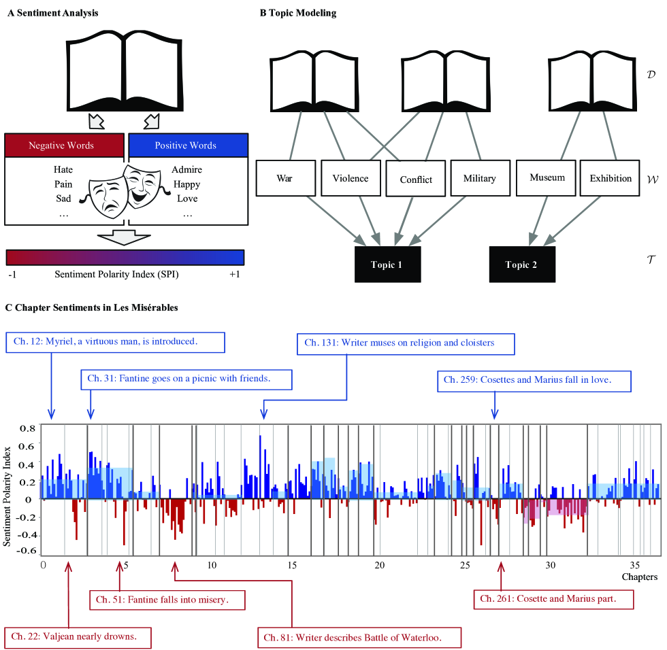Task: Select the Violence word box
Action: coord(351,179)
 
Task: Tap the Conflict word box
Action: coord(416,180)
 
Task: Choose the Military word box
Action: coord(479,179)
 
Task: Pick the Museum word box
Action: coord(547,178)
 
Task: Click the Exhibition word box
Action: coord(611,179)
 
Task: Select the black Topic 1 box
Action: coord(387,264)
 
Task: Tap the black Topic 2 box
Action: coord(521,264)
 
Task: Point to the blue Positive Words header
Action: coord(185,146)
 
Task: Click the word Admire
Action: coord(186,170)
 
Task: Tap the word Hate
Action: coord(63,170)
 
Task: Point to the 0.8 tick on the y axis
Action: coord(27,428)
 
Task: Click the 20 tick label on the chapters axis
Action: coord(380,565)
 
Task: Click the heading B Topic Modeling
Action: coord(298,14)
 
